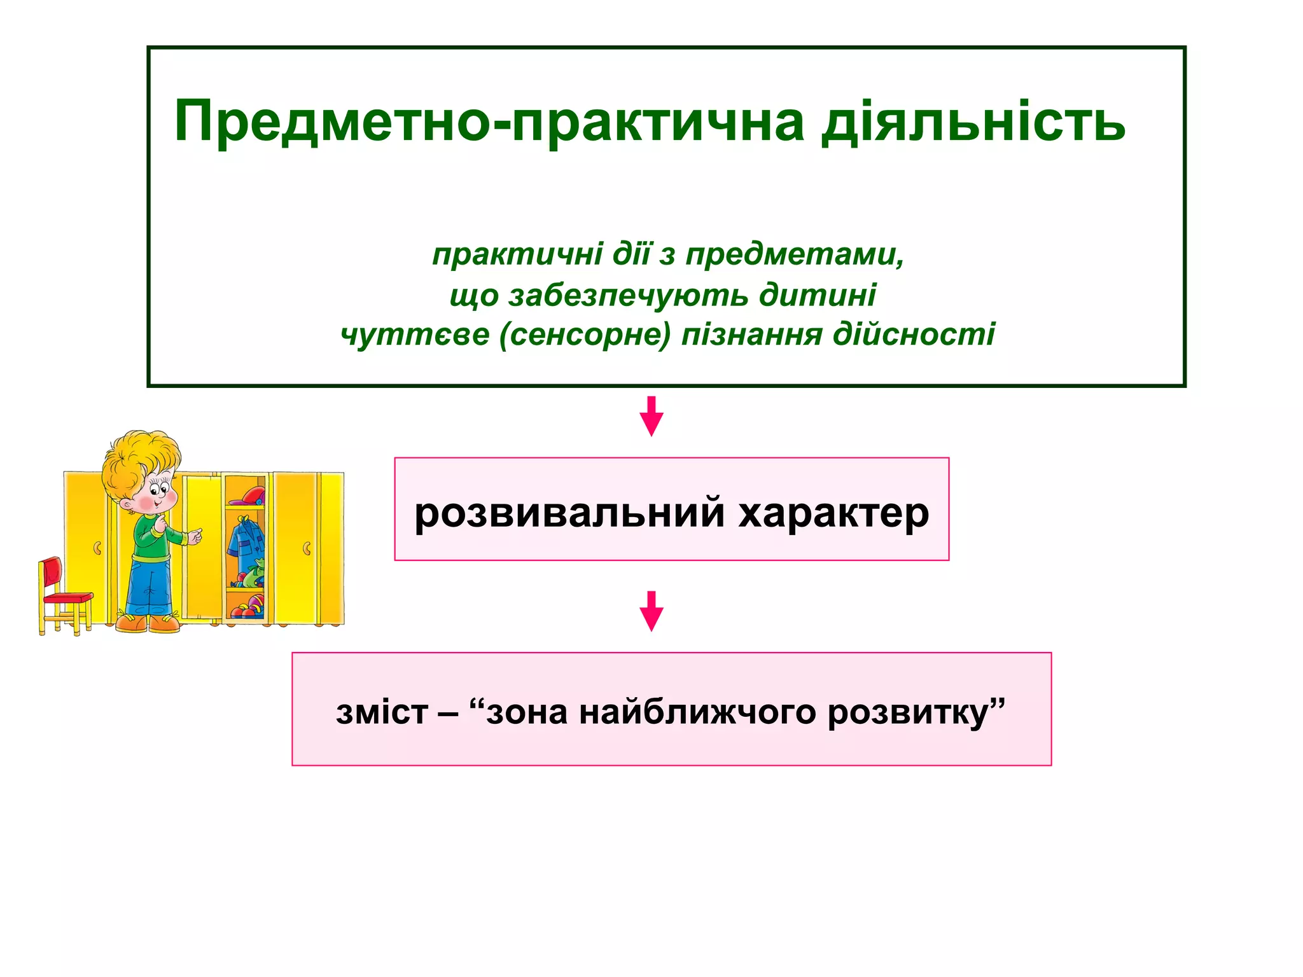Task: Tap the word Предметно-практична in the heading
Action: [489, 122]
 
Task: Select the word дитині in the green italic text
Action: [818, 294]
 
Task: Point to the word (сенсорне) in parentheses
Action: [585, 335]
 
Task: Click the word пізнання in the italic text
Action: [751, 335]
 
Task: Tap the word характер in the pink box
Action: [833, 513]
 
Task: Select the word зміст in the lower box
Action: [382, 712]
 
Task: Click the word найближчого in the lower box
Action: [697, 712]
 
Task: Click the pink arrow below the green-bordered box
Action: [651, 416]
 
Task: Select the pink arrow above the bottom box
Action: [651, 611]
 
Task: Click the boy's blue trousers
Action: [149, 585]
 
